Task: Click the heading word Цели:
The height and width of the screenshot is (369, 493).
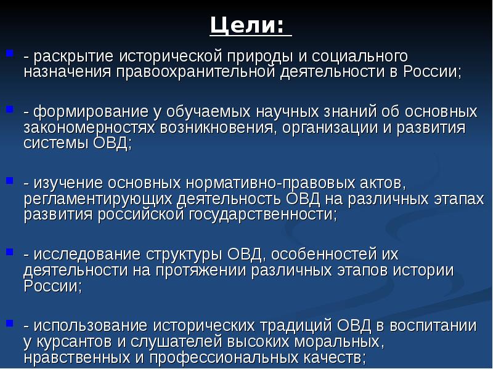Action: pos(247,25)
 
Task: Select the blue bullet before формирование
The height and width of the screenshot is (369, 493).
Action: pos(9,109)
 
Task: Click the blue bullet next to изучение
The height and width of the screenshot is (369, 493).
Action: pos(9,180)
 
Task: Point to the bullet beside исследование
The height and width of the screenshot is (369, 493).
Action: pos(9,252)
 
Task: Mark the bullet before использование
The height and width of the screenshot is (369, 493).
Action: pos(9,323)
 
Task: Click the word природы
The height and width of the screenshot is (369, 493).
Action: pos(260,57)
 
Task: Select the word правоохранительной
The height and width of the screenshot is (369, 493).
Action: pos(196,72)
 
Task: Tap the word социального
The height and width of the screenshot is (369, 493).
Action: pos(360,57)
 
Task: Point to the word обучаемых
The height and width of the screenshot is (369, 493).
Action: pos(208,113)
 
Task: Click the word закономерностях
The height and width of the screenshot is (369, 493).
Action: pos(89,128)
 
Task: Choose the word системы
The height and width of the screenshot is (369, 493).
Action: pos(56,144)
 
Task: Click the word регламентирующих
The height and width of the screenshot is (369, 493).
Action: pos(98,199)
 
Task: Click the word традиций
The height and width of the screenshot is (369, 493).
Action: pos(295,326)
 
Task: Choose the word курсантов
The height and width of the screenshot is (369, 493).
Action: pos(74,342)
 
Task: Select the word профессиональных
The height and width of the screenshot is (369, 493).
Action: pos(224,358)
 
